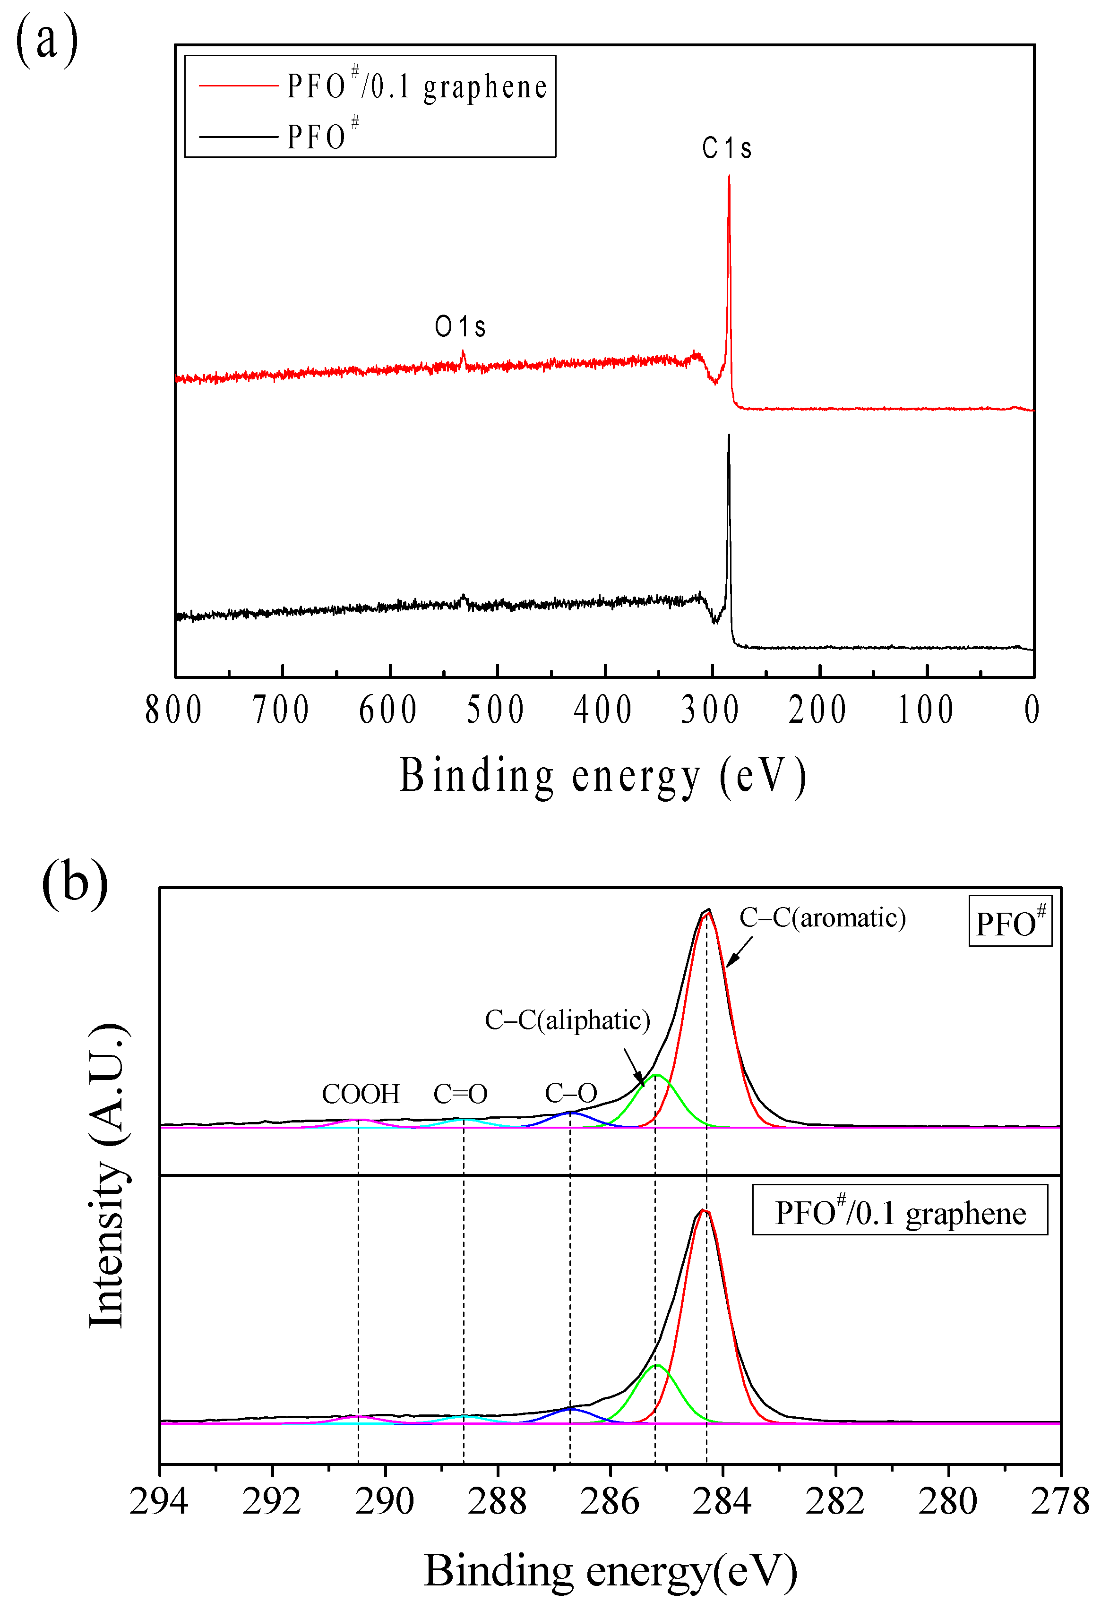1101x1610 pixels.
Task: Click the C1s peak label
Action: click(726, 147)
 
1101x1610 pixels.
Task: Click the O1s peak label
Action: click(460, 326)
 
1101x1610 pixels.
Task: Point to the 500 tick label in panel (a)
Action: click(495, 710)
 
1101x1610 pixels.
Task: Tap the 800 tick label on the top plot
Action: click(174, 710)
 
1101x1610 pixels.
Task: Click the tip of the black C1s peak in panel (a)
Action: click(728, 436)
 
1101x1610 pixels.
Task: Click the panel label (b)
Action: click(74, 883)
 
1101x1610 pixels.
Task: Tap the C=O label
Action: click(460, 1094)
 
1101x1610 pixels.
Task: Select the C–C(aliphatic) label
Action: click(567, 1020)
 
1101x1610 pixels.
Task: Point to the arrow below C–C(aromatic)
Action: click(739, 952)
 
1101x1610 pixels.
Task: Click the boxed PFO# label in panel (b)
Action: click(1009, 921)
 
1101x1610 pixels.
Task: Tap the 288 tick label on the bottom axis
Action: click(497, 1502)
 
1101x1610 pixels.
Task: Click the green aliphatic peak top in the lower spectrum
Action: click(655, 1365)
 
